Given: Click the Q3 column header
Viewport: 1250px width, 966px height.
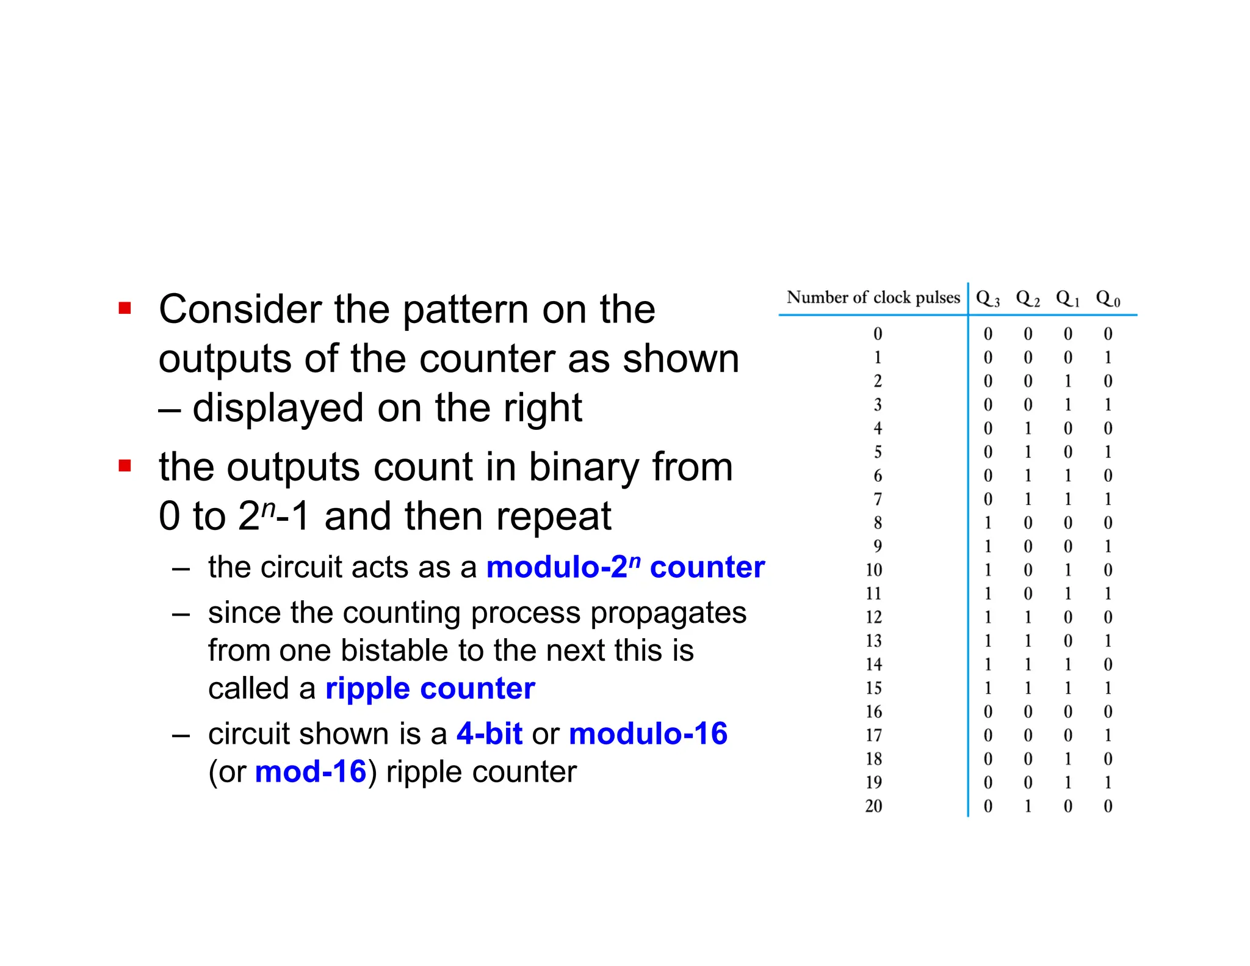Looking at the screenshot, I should pos(987,299).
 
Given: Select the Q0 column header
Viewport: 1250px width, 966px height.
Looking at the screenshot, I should pos(1107,299).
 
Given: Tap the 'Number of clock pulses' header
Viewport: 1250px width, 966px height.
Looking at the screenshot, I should pos(873,297).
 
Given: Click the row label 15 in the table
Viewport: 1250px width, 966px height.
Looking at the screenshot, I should pos(873,688).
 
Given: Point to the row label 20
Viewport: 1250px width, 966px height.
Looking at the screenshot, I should pos(873,806).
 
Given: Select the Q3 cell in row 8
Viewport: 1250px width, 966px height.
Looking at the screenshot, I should pos(988,523).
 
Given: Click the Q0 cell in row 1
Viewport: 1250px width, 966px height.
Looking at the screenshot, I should pos(1108,357).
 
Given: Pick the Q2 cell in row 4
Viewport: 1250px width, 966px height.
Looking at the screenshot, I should pos(1028,428).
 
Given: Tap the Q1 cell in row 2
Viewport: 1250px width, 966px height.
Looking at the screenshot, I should pos(1068,381).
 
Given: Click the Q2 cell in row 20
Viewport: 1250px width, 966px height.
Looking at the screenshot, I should pos(1028,806).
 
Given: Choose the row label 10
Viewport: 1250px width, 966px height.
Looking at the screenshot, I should pos(873,570).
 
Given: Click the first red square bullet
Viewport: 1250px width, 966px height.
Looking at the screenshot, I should pos(125,308).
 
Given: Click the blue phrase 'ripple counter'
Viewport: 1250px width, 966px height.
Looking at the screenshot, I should pos(430,688).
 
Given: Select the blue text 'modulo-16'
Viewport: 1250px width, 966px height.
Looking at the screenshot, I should pos(648,733).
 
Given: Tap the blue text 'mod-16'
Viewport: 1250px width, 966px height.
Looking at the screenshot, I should pos(310,771).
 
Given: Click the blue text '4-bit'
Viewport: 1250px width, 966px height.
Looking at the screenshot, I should pos(489,733).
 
